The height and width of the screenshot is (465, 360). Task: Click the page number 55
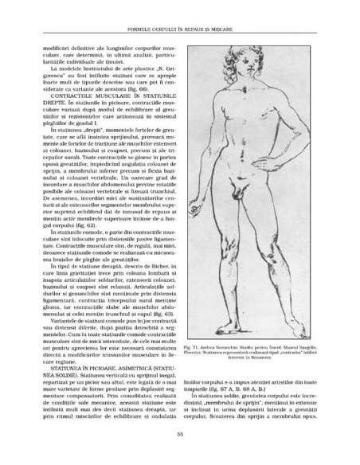(x=181, y=456)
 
